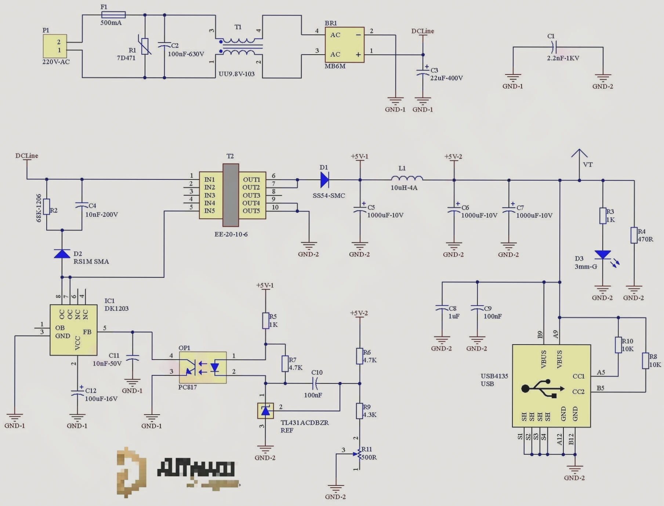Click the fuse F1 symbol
[113, 15]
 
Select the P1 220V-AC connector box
[55, 46]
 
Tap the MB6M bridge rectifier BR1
[344, 45]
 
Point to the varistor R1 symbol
[145, 46]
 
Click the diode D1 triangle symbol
[324, 180]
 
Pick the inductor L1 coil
[407, 178]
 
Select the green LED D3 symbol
[603, 255]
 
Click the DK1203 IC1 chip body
[73, 330]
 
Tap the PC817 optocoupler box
[203, 367]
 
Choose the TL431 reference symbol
[265, 411]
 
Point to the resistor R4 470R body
[634, 235]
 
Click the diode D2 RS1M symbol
[62, 254]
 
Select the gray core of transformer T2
[231, 195]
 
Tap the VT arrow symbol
[579, 154]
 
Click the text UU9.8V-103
[236, 74]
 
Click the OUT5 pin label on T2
[251, 211]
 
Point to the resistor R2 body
[47, 207]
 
